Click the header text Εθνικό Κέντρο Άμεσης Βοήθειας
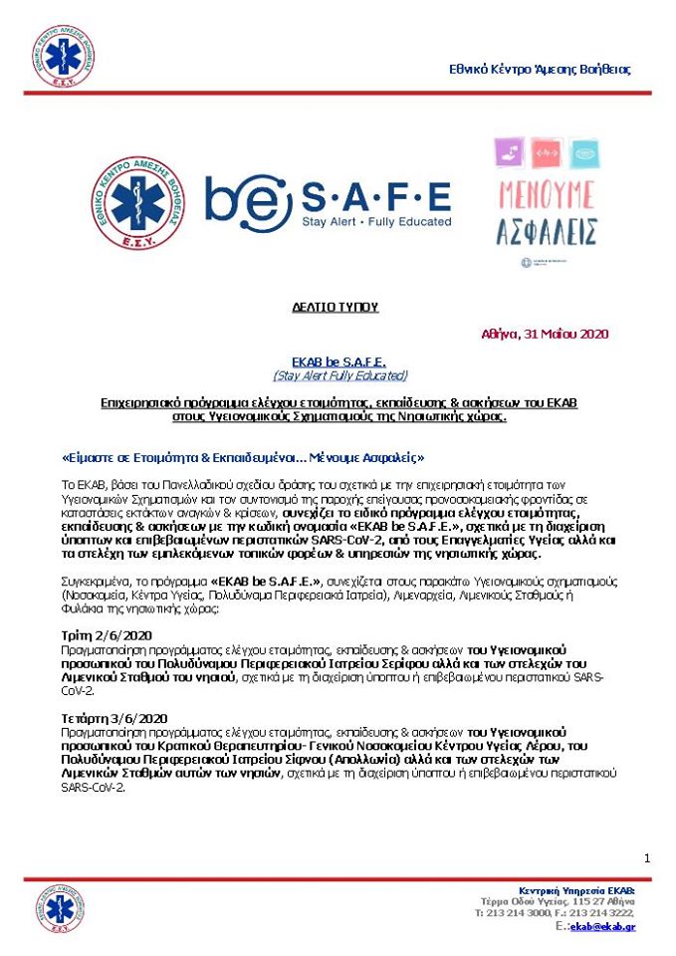[538, 69]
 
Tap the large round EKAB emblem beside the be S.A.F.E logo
[137, 205]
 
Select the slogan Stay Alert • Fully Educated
[376, 221]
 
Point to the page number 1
[647, 858]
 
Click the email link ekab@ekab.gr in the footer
[603, 927]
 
